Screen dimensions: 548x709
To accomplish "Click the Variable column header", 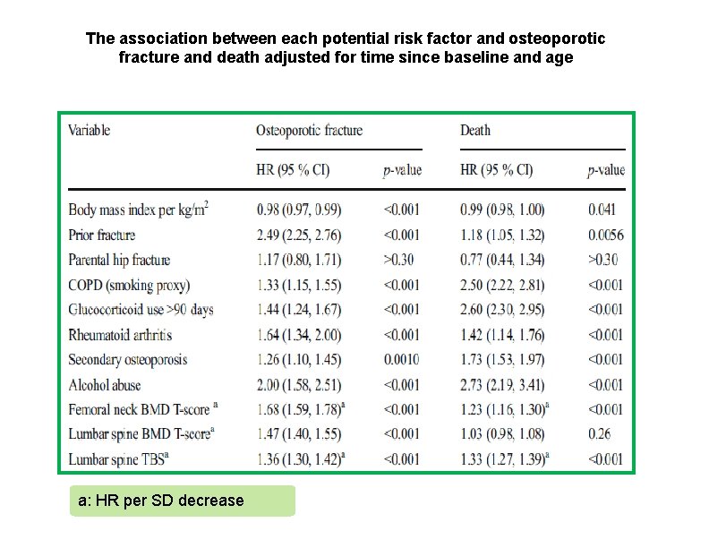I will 90,130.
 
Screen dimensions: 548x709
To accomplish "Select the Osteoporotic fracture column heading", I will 309,130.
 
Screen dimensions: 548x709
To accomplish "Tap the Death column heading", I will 475,130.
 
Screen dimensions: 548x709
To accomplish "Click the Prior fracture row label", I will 102,235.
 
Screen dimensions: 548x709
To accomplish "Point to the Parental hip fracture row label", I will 119,260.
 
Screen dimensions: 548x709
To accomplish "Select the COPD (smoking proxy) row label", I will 128,285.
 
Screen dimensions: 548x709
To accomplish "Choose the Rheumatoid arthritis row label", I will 120,335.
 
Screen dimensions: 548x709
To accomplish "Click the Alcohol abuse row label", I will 106,385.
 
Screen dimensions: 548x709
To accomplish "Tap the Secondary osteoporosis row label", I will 127,360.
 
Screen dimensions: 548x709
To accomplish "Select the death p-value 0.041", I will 603,210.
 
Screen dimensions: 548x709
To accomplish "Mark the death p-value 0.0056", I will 606,235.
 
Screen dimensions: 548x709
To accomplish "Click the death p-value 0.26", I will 599,434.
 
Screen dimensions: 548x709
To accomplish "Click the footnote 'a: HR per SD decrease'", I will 161,501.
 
